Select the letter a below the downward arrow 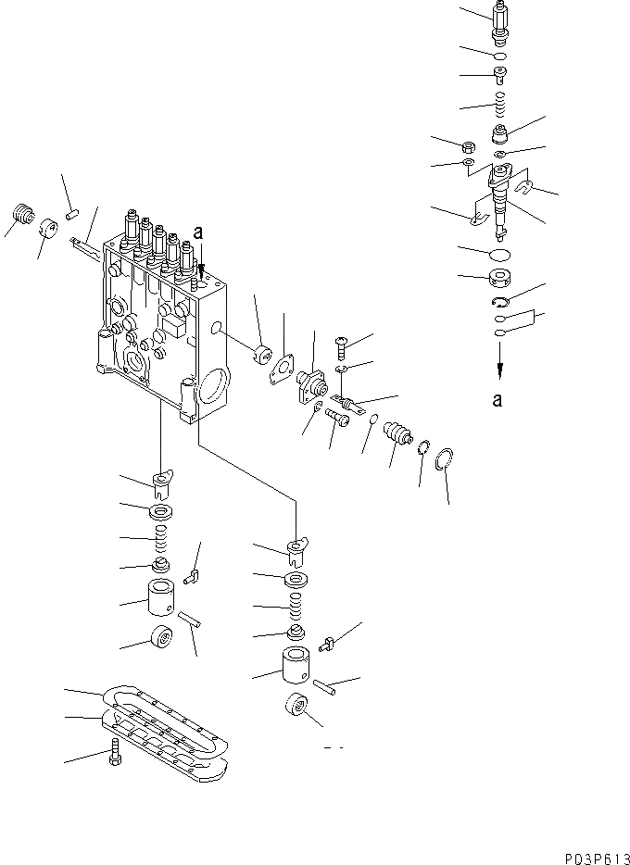[x=498, y=400]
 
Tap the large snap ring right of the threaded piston [x=444, y=458]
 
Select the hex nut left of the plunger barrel [x=469, y=146]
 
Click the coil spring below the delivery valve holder [x=498, y=101]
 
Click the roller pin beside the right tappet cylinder [x=324, y=685]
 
